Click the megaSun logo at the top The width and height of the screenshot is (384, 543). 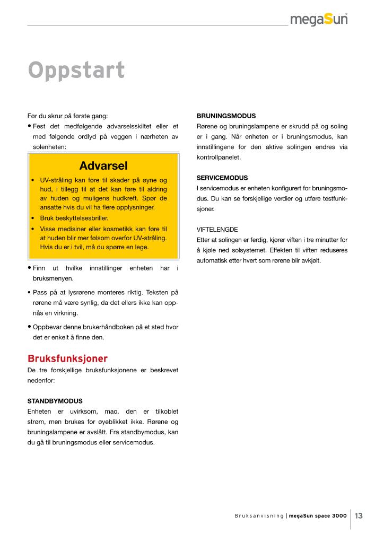pyautogui.click(x=319, y=20)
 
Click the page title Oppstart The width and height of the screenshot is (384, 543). pyautogui.click(x=76, y=71)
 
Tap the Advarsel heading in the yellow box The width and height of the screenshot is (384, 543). pyautogui.click(x=103, y=165)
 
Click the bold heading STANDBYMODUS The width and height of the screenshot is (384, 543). pyautogui.click(x=55, y=401)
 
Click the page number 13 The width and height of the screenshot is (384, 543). pyautogui.click(x=359, y=515)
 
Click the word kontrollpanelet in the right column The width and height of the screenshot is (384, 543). pyautogui.click(x=219, y=157)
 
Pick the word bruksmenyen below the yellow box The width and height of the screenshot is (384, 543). pyautogui.click(x=53, y=278)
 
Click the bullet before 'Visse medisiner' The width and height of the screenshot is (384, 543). pyautogui.click(x=33, y=228)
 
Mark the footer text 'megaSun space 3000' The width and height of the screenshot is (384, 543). pyautogui.click(x=318, y=516)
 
